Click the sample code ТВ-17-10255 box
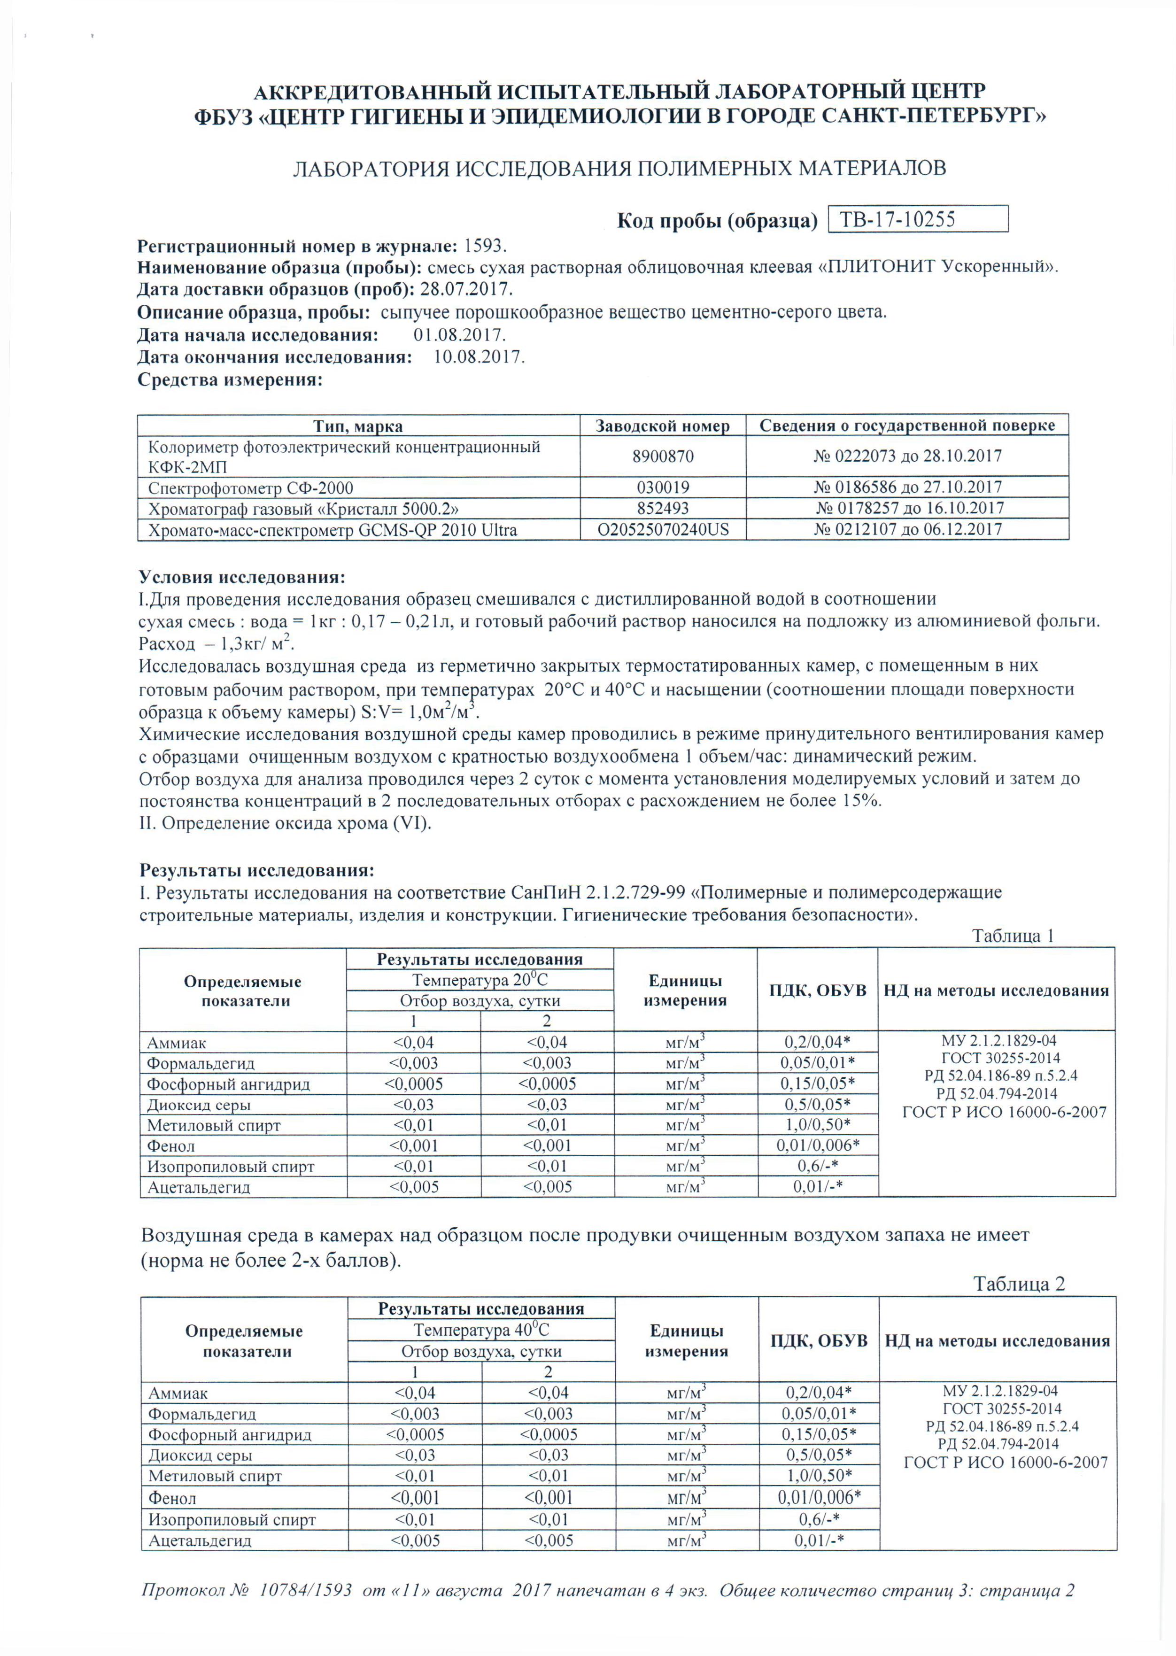point(918,219)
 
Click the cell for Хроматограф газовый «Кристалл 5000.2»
point(303,508)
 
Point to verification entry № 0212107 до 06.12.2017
point(907,529)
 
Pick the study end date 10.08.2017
point(479,357)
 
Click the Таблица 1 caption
point(1013,936)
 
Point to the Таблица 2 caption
point(1018,1284)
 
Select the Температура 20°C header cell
point(480,980)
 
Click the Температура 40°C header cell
point(481,1330)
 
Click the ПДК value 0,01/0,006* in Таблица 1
point(818,1145)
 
